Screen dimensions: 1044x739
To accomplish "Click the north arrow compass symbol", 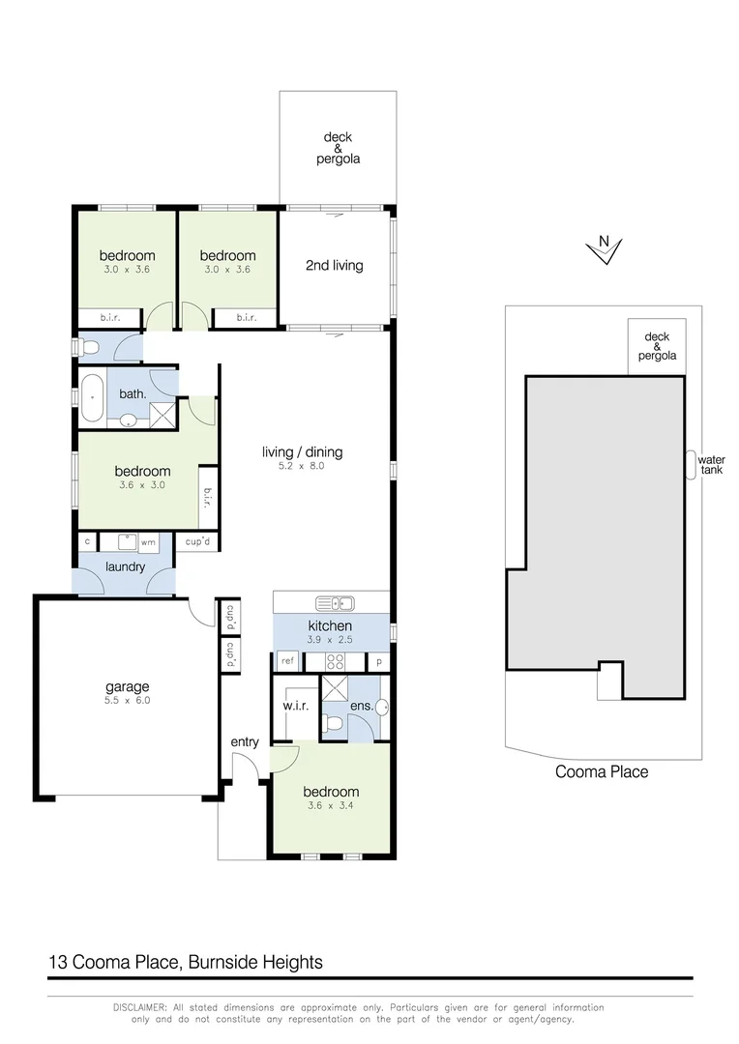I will pyautogui.click(x=604, y=249).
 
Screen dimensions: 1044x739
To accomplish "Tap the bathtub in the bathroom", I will pyautogui.click(x=93, y=398).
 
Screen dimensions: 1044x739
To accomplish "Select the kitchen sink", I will pyautogui.click(x=341, y=603).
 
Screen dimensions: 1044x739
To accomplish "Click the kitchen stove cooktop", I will pyautogui.click(x=335, y=662).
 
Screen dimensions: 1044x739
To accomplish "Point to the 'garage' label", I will pyautogui.click(x=128, y=687).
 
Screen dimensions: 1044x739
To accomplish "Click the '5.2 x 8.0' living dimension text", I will pyautogui.click(x=302, y=467).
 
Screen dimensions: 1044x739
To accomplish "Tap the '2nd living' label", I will pyautogui.click(x=334, y=265).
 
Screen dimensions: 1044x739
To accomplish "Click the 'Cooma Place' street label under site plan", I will pyautogui.click(x=601, y=771).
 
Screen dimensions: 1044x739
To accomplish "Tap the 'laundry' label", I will pyautogui.click(x=126, y=566).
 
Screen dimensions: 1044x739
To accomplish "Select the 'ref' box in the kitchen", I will pyautogui.click(x=287, y=662).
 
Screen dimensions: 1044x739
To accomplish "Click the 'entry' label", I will pyautogui.click(x=245, y=741).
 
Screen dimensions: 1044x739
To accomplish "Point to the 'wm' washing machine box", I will pyautogui.click(x=149, y=542).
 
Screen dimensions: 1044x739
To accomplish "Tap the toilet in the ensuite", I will pyautogui.click(x=333, y=723).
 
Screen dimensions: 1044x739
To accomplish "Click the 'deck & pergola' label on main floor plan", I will pyautogui.click(x=338, y=148).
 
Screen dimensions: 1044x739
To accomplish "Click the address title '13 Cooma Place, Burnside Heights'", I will pyautogui.click(x=186, y=962).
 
